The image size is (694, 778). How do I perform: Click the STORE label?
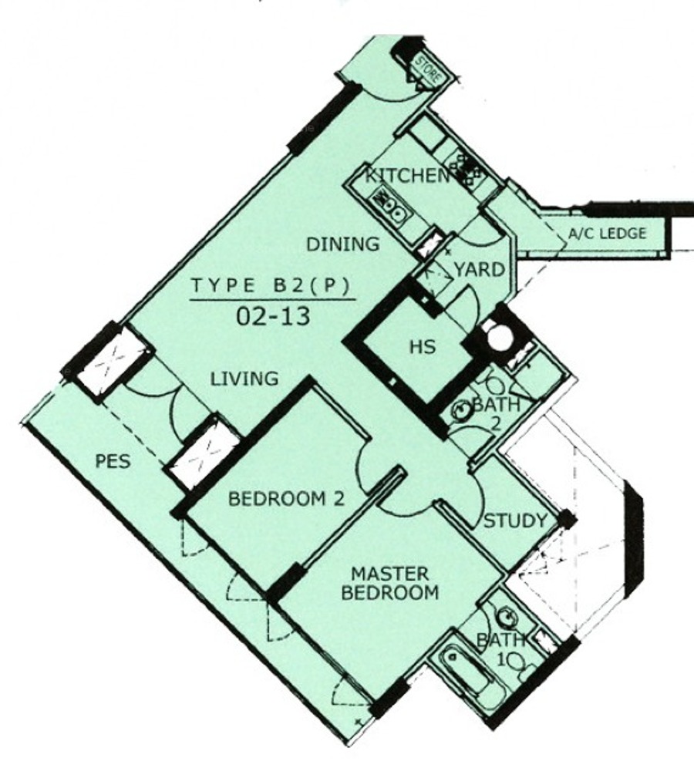tap(429, 69)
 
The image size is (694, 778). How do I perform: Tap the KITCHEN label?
tap(407, 176)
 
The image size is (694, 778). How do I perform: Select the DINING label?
tap(343, 244)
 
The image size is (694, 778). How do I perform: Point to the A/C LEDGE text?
tap(607, 233)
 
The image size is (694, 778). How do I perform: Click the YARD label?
tap(480, 270)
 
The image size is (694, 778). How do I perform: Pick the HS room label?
tap(423, 346)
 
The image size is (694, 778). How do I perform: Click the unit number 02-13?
tap(273, 316)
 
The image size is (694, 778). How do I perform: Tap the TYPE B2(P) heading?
tap(271, 285)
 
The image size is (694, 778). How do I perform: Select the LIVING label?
tap(244, 379)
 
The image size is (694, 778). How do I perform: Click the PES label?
tap(113, 461)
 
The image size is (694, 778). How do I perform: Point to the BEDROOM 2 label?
tap(286, 499)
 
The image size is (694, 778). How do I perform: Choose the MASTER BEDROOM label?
tap(390, 583)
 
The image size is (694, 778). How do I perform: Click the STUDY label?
tap(515, 521)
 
